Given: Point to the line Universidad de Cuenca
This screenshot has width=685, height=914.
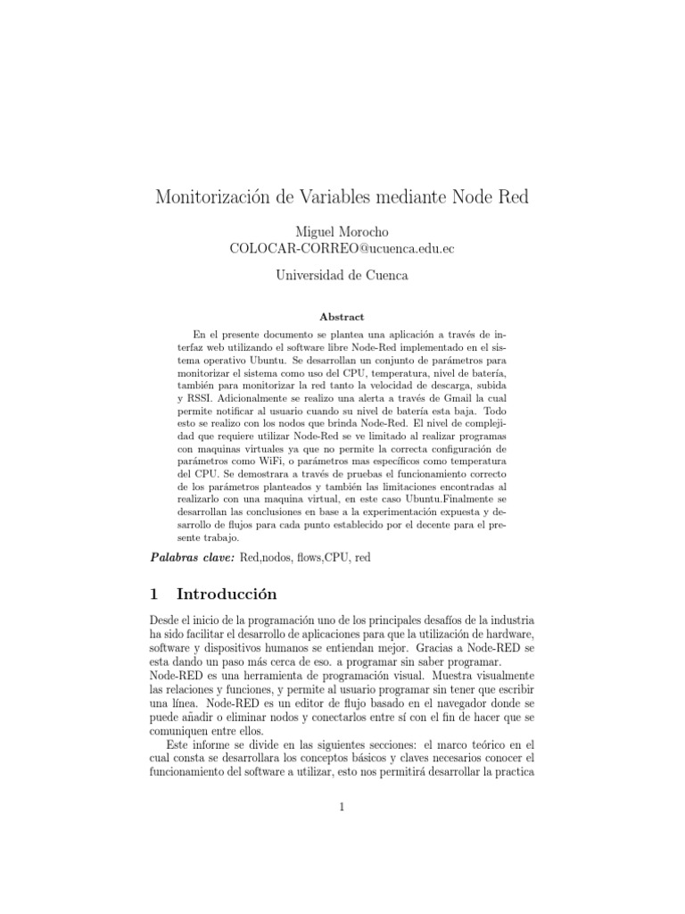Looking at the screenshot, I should click(x=342, y=277).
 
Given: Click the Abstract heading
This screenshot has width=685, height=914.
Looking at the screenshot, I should click(x=342, y=317).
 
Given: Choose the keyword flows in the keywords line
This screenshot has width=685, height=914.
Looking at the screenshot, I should click(x=303, y=557).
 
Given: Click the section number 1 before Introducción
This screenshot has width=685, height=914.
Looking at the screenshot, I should click(x=153, y=594).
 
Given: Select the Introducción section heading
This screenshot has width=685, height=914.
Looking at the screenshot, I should click(x=227, y=594).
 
